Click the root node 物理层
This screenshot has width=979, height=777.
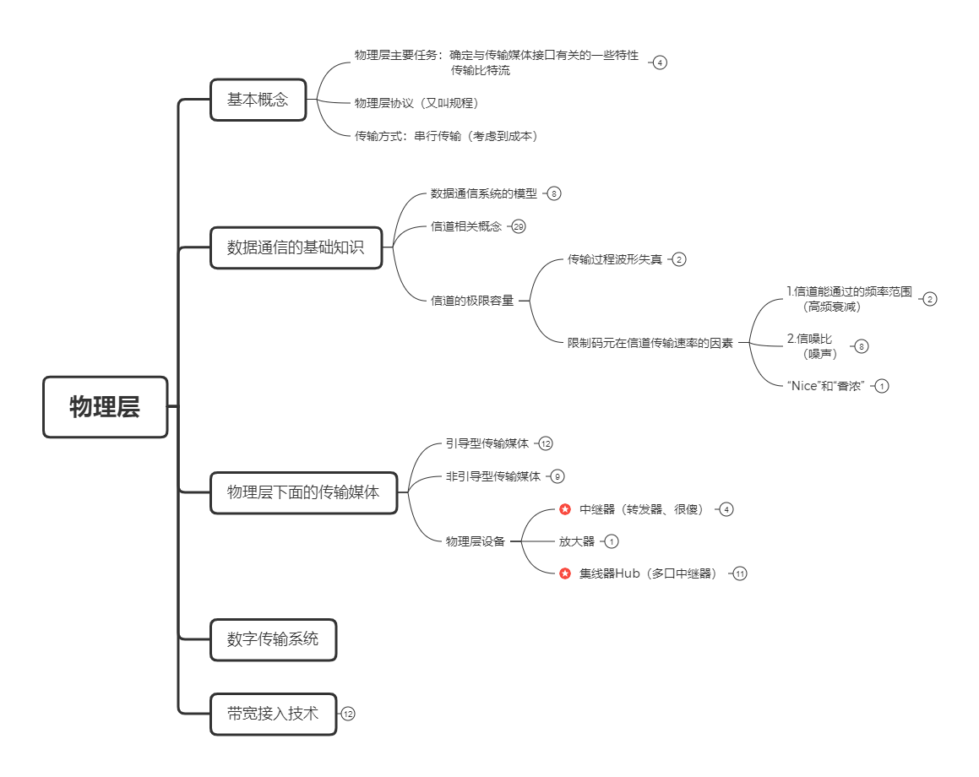click(105, 407)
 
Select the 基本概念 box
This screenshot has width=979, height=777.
click(258, 100)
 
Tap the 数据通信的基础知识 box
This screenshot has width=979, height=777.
click(296, 247)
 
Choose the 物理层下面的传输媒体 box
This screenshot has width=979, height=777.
click(303, 493)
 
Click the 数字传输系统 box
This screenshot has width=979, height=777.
click(273, 639)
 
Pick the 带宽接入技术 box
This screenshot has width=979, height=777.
click(273, 714)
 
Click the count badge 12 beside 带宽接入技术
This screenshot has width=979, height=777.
click(348, 714)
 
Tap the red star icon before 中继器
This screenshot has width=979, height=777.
click(565, 509)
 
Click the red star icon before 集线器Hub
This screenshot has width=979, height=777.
click(565, 573)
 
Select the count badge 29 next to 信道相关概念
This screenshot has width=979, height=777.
click(519, 226)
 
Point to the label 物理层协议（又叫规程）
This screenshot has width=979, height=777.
click(416, 103)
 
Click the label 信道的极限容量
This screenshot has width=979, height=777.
click(472, 301)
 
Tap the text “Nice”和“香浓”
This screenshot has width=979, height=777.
click(826, 386)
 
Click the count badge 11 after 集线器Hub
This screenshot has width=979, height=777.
click(740, 573)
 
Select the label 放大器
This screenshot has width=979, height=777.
click(576, 541)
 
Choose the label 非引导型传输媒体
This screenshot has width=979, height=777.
click(493, 476)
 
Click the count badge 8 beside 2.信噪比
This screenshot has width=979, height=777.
click(861, 346)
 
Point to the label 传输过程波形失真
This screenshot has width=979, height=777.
click(614, 259)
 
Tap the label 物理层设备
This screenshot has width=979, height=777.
click(475, 541)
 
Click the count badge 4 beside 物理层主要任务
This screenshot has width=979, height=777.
click(660, 62)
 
